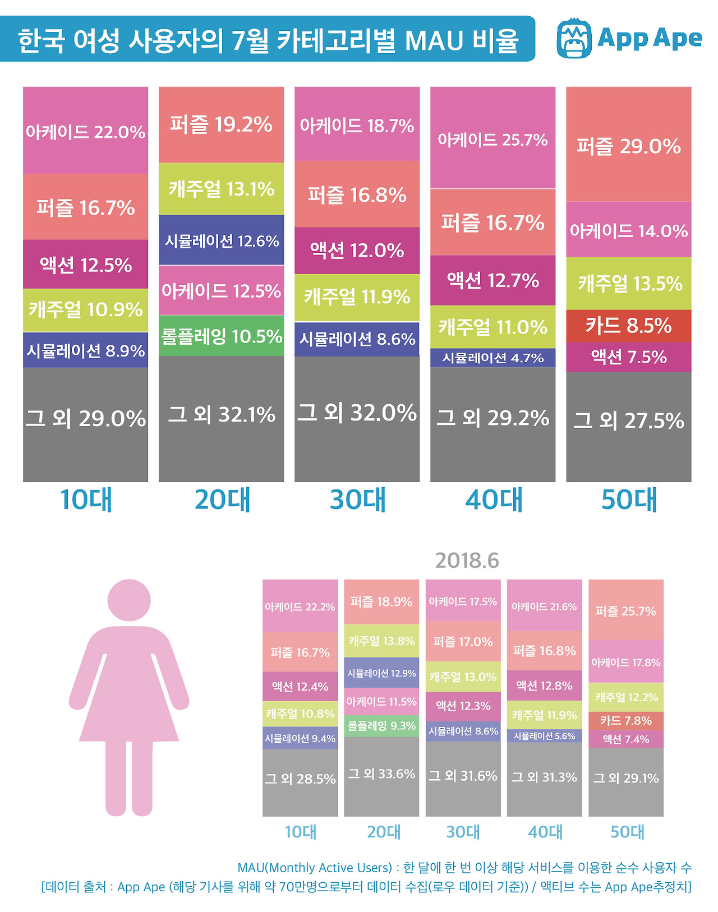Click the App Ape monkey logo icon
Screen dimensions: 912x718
pos(574,38)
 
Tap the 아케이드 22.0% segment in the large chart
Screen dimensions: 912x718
pos(85,131)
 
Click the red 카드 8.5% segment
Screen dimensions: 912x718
pos(628,326)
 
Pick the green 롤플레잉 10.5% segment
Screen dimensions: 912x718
pos(221,336)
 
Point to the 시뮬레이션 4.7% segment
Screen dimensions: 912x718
pos(493,358)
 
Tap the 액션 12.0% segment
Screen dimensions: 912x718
pos(357,250)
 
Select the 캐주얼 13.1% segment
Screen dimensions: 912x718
pos(221,189)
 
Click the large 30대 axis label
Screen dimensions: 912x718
pos(358,499)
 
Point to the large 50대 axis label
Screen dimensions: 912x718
pos(629,499)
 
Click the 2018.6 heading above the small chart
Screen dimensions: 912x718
pos(467,561)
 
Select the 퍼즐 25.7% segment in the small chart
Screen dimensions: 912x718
pos(625,610)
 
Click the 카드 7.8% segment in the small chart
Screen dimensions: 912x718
pos(625,720)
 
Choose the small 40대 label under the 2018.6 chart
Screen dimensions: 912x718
pos(545,832)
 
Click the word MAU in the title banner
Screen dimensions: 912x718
pos(434,40)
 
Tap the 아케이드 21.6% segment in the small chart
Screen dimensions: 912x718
pos(544,606)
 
